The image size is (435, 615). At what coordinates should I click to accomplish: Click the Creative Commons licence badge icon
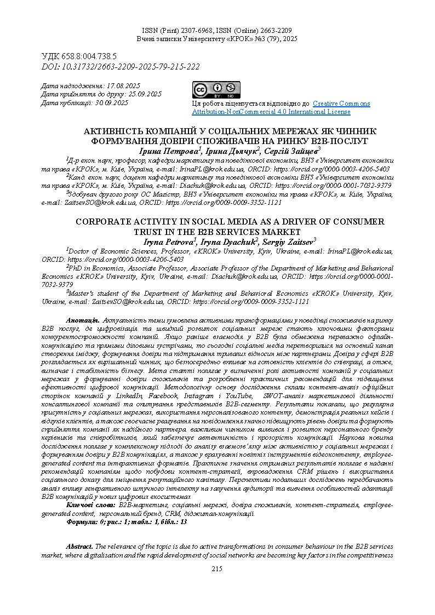pos(216,90)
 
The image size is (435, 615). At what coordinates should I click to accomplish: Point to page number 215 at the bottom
pos(217,569)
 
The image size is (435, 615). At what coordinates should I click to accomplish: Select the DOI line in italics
pos(121,66)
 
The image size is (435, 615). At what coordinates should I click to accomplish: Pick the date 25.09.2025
pos(144,94)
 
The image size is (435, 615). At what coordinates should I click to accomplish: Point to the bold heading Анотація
pos(82,319)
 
